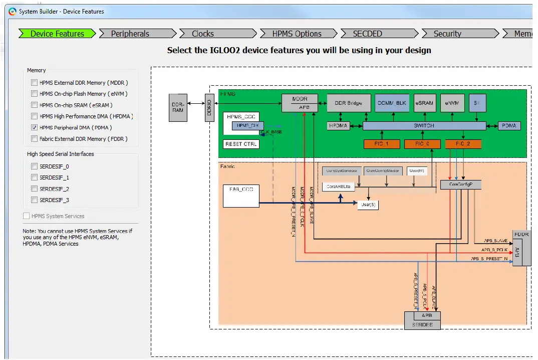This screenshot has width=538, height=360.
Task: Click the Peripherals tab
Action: coord(130,34)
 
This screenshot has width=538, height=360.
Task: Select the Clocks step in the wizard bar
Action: coord(203,34)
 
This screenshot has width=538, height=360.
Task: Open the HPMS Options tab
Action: coord(297,34)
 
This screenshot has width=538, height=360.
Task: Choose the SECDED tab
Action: coord(367,34)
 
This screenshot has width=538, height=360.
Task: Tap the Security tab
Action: coord(447,34)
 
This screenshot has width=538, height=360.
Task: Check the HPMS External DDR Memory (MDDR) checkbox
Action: coord(34,83)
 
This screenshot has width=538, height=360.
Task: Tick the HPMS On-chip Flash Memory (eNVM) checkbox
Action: coord(34,94)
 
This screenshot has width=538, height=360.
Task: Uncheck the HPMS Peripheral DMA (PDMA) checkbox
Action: coord(34,127)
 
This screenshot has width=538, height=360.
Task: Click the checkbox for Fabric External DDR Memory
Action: coord(34,139)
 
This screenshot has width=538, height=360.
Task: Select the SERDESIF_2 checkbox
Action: coord(34,189)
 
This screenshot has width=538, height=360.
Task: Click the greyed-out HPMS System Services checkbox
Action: coord(26,216)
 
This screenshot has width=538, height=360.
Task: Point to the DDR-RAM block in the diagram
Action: coord(178,107)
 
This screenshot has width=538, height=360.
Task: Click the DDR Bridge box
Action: coord(349,103)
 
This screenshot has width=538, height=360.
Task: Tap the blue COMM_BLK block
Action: coord(392,103)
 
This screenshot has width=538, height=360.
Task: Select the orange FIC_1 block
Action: coord(382,144)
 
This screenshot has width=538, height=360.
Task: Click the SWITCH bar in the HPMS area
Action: coord(424,125)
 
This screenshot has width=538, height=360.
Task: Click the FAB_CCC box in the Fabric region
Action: coord(240,196)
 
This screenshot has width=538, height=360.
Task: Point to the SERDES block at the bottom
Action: coord(422,324)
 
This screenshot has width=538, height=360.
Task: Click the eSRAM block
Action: coord(424,103)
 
